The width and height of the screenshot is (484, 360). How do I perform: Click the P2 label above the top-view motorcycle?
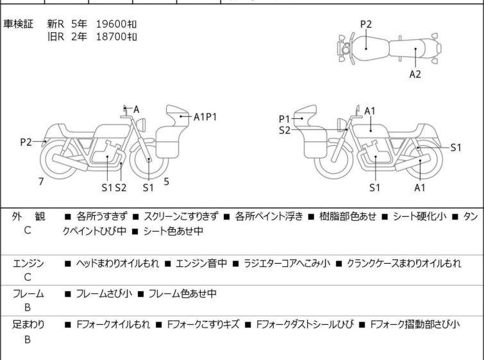(x=365, y=24)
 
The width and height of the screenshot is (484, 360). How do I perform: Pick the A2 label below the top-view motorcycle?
(x=415, y=74)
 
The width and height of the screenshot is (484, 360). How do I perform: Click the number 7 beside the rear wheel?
(x=41, y=182)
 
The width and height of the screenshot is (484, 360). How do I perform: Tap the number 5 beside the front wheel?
(x=166, y=182)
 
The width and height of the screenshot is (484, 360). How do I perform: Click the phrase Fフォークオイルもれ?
(x=113, y=325)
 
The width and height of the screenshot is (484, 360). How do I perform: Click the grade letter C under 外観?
(x=27, y=230)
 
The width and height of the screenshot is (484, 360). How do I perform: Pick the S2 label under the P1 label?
(x=285, y=130)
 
